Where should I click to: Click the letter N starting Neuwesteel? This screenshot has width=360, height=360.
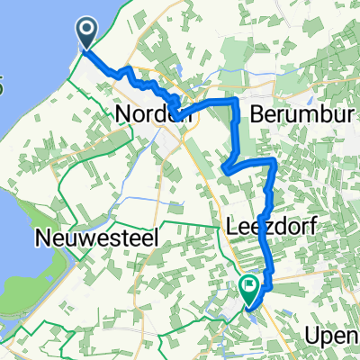(41, 238)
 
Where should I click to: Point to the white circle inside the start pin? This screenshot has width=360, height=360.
(86, 31)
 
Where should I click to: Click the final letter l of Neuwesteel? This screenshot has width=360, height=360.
(157, 238)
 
